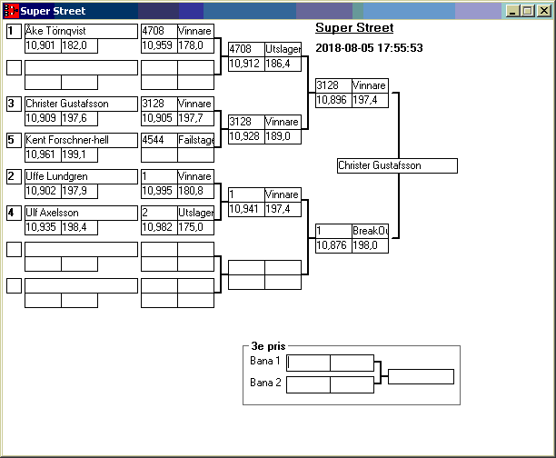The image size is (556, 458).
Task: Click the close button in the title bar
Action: coord(543,11)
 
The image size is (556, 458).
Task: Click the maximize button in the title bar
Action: coord(528,11)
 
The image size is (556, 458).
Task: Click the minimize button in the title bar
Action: coord(513,11)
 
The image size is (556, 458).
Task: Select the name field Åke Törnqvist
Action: coord(80,31)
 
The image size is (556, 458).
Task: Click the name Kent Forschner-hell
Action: coord(80,140)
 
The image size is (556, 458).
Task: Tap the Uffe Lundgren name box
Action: coord(80,176)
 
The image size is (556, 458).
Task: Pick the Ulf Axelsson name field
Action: coord(80,213)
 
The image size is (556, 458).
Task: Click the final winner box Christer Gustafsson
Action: coord(397,165)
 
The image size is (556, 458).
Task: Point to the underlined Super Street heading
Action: coord(354,28)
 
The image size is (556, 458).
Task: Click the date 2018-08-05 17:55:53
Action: coord(368,47)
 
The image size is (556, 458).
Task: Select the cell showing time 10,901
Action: coord(42,45)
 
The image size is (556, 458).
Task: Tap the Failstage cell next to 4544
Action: coord(195,140)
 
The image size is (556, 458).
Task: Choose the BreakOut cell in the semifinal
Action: coord(370,231)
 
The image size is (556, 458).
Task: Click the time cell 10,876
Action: coord(333,245)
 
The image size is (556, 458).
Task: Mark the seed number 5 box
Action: coord(14,140)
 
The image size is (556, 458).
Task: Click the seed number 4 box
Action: coord(14,213)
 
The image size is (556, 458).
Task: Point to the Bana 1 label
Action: coord(264,361)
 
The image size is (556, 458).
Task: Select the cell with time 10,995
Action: coord(158,191)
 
